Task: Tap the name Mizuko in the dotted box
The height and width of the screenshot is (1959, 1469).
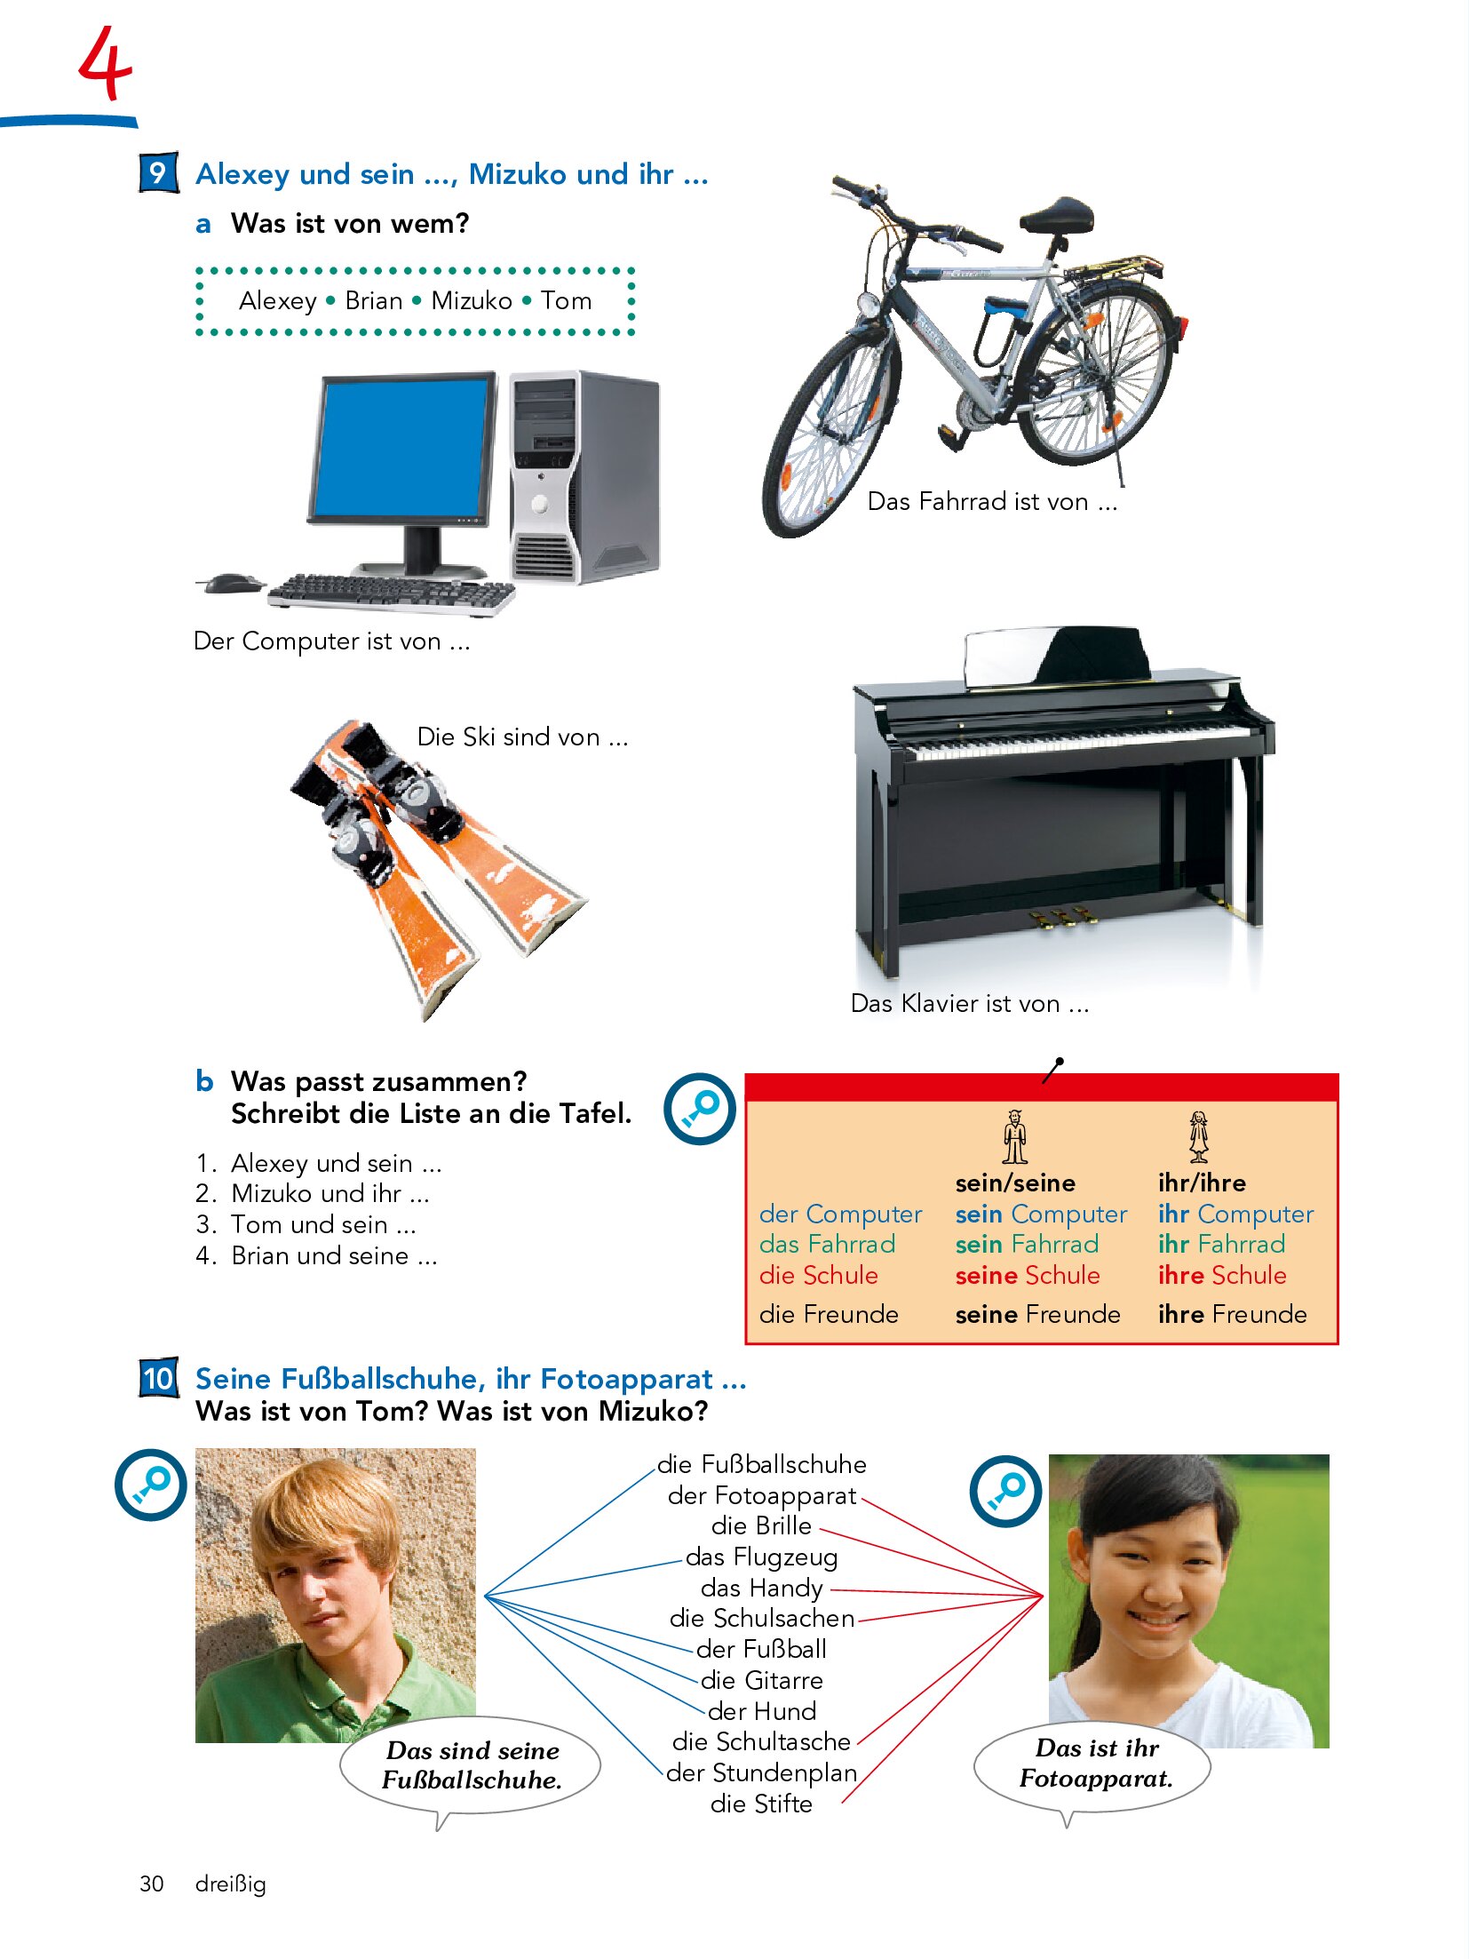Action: pyautogui.click(x=472, y=300)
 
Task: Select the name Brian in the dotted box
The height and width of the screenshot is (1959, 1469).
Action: pyautogui.click(x=374, y=300)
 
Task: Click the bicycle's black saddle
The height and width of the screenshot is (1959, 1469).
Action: pyautogui.click(x=1057, y=215)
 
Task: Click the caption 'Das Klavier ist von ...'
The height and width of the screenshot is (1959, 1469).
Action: pyautogui.click(x=970, y=1003)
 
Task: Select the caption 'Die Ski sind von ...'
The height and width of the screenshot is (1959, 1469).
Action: pyautogui.click(x=523, y=737)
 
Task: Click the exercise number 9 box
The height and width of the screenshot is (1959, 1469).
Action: pyautogui.click(x=158, y=172)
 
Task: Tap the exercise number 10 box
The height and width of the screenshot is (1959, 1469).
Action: pyautogui.click(x=158, y=1378)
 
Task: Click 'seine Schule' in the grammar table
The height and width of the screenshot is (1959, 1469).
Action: pyautogui.click(x=1028, y=1275)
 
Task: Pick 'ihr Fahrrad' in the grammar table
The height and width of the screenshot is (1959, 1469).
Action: pyautogui.click(x=1221, y=1244)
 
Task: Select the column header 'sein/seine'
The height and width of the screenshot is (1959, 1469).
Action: pyautogui.click(x=1015, y=1183)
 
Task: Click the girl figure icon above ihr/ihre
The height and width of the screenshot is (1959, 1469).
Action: pyautogui.click(x=1199, y=1136)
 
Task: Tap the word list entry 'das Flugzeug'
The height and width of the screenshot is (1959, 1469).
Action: pyautogui.click(x=761, y=1557)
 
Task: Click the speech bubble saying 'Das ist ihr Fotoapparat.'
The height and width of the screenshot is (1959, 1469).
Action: pyautogui.click(x=1093, y=1767)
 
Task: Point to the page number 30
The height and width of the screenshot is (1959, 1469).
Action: pyautogui.click(x=152, y=1883)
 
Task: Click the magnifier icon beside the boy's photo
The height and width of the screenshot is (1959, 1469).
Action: pyautogui.click(x=151, y=1485)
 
